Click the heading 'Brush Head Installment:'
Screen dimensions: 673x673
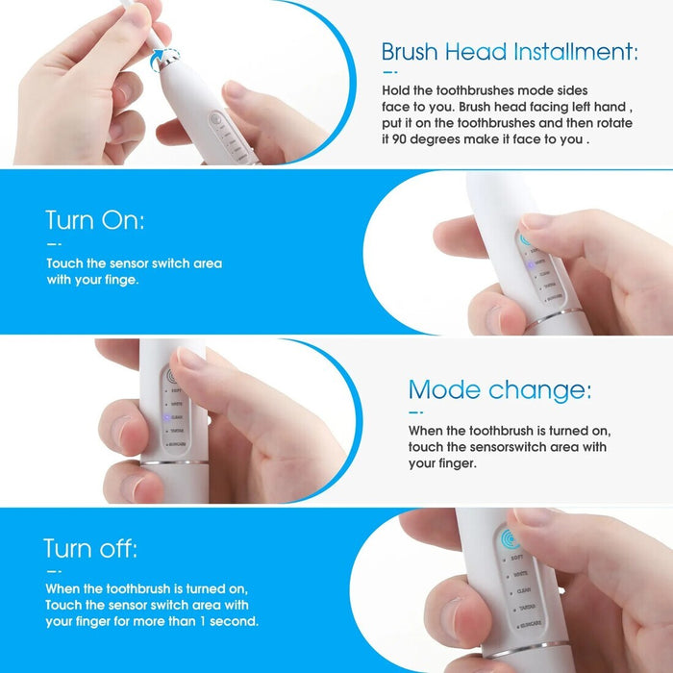click(509, 51)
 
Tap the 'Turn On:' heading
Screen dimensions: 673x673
click(94, 220)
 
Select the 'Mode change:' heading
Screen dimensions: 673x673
click(500, 389)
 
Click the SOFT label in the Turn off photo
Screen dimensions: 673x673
click(516, 558)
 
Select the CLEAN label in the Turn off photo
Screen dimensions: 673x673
click(524, 592)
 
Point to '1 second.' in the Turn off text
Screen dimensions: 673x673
click(229, 621)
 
